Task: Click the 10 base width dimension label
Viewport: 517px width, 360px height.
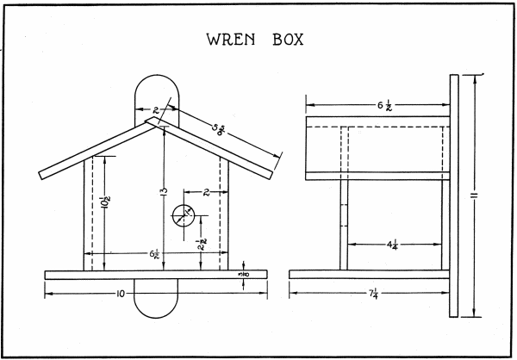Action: [x=121, y=294]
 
